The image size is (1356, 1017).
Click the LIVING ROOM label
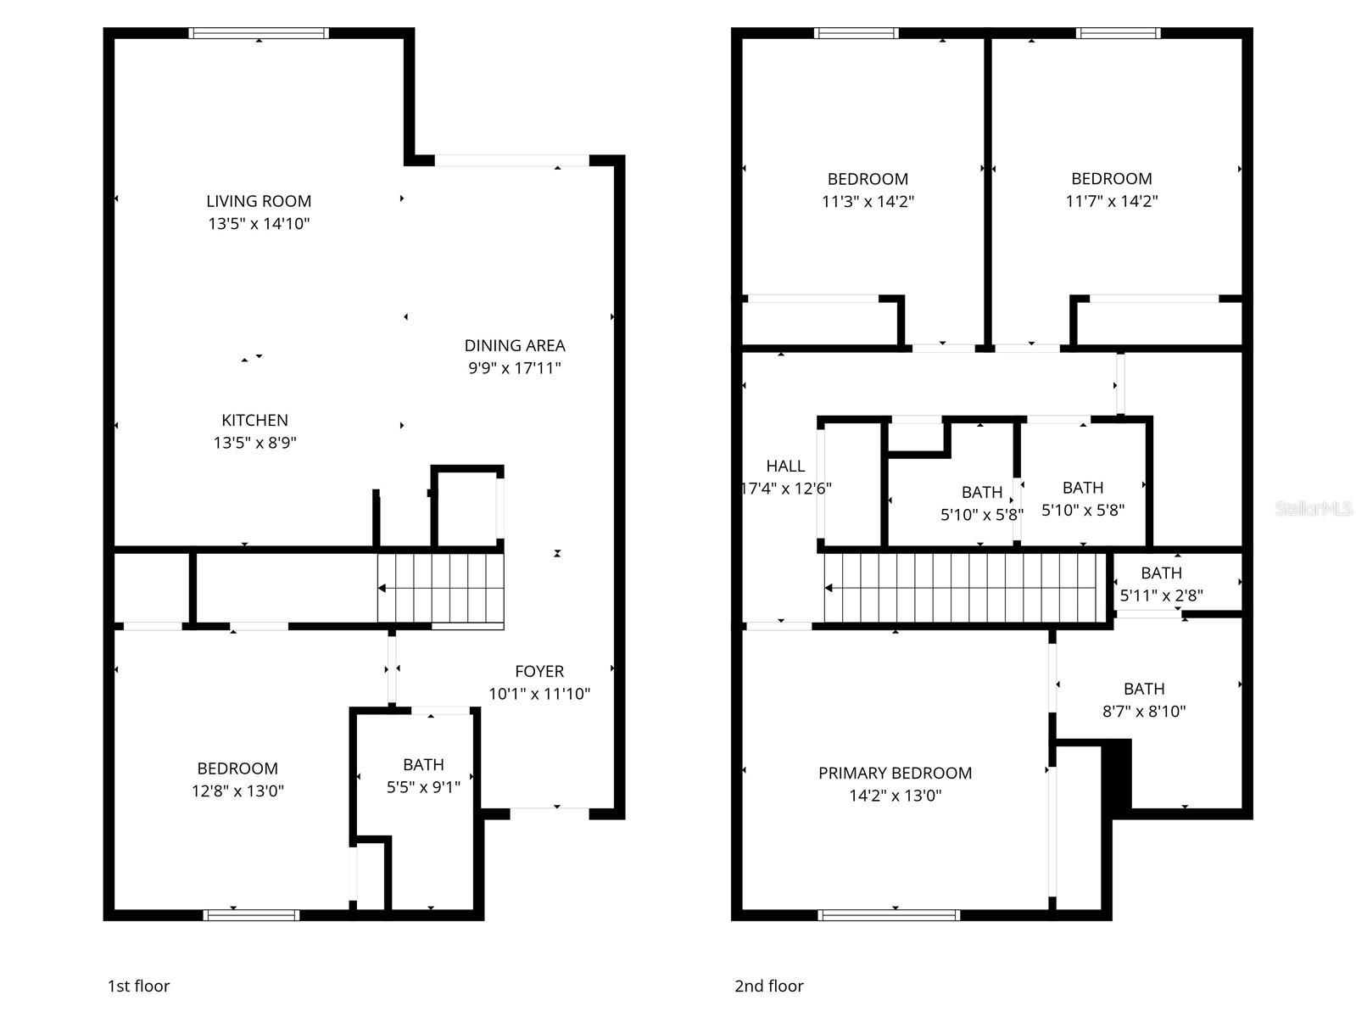coord(259,201)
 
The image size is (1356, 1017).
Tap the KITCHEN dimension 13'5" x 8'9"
coord(254,443)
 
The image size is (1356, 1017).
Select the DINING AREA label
coord(515,345)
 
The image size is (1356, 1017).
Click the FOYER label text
coord(538,671)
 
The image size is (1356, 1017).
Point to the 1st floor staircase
coord(441,588)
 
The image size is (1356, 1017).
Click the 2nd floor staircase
coord(966,588)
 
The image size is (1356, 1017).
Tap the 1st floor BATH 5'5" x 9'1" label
coord(423,775)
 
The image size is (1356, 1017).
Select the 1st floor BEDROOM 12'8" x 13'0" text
coord(237,780)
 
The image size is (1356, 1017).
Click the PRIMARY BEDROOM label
coord(895,773)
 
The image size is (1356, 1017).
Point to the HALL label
coord(785,466)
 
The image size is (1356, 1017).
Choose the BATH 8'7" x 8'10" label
coord(1144,700)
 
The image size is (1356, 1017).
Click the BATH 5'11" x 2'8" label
coord(1161,584)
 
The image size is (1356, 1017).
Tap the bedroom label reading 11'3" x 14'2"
coord(868,190)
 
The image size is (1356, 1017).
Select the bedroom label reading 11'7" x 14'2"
coord(1111,190)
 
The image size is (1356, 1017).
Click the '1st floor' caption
coord(138,986)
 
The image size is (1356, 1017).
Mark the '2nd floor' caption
coord(768,986)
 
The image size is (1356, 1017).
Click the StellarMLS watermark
coord(1313,508)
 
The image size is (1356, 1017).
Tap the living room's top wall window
coord(259,33)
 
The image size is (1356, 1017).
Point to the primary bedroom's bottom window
coord(889,915)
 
